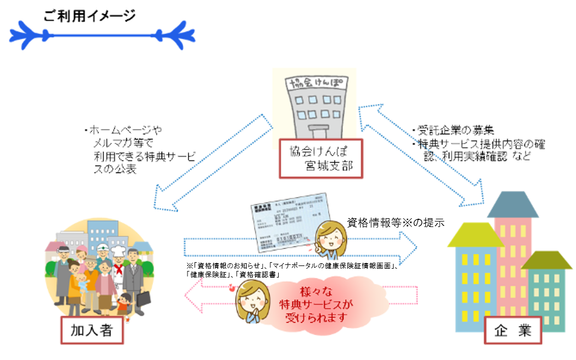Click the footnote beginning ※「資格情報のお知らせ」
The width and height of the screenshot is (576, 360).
click(291, 269)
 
